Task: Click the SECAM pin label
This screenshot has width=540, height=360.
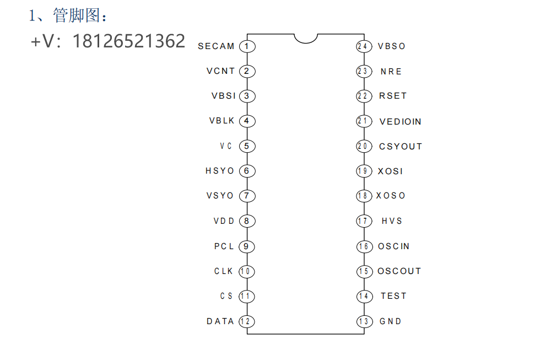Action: click(x=216, y=46)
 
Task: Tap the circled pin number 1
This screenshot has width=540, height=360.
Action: click(x=247, y=46)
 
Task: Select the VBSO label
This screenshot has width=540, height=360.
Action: click(x=392, y=46)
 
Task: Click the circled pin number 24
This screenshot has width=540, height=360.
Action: click(x=363, y=46)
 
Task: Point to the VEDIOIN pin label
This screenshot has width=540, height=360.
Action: click(x=401, y=122)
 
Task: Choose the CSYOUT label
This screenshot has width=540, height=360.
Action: click(x=401, y=147)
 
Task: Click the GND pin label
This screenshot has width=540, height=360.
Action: click(x=391, y=321)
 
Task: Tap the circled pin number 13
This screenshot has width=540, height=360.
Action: click(x=363, y=321)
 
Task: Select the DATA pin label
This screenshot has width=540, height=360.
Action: click(x=220, y=321)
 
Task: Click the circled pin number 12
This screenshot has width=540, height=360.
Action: click(x=247, y=321)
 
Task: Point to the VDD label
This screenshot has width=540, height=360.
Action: click(x=224, y=221)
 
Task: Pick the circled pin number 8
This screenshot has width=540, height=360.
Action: click(x=247, y=221)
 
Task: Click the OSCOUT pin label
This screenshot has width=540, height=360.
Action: click(x=399, y=271)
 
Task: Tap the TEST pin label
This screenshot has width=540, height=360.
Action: click(x=393, y=296)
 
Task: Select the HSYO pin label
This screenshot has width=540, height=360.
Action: click(x=220, y=171)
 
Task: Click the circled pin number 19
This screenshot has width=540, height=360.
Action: click(x=363, y=171)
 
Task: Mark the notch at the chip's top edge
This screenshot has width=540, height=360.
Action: click(x=306, y=37)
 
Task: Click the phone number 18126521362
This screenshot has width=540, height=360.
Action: click(x=129, y=41)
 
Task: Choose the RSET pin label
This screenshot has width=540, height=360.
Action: click(x=393, y=96)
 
